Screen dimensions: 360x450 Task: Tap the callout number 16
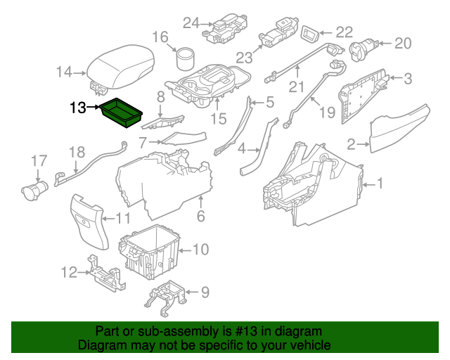click(x=160, y=37)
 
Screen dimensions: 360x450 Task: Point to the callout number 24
click(x=192, y=23)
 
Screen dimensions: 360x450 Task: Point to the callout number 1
click(x=380, y=184)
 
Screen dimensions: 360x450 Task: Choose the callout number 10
click(x=200, y=249)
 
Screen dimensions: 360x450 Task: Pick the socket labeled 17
click(x=33, y=188)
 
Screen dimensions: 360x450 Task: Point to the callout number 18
click(x=76, y=152)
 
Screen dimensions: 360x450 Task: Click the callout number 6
click(x=200, y=217)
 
